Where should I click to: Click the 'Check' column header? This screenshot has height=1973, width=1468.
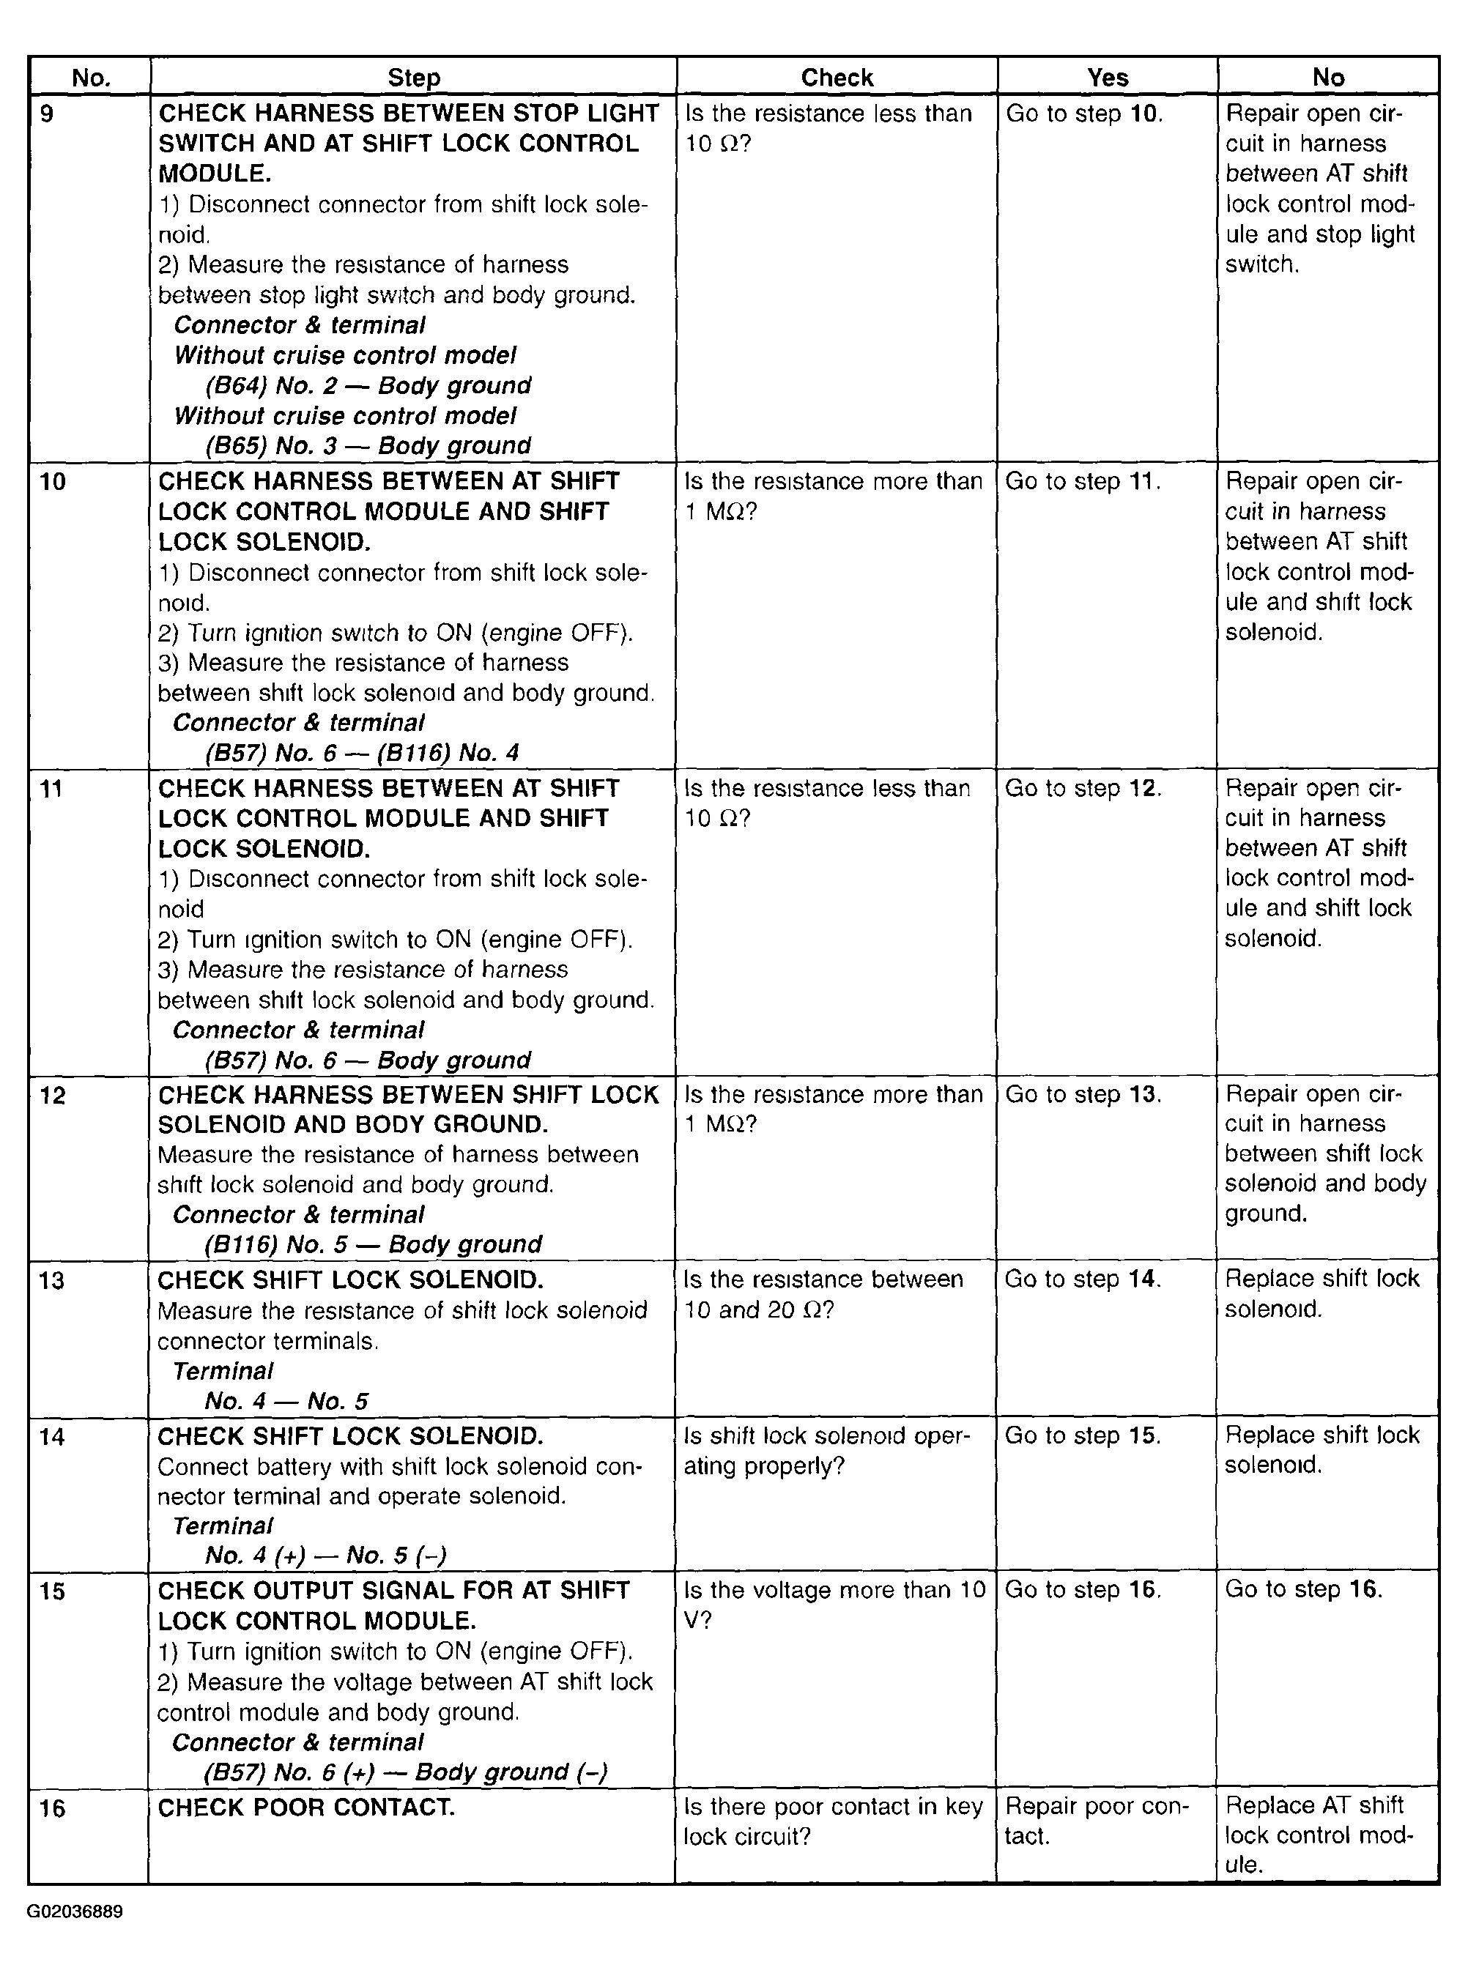click(837, 78)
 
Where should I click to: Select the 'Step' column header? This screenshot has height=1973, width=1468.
click(413, 78)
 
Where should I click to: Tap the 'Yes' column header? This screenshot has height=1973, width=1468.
click(1107, 78)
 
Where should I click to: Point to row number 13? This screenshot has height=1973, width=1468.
click(53, 1280)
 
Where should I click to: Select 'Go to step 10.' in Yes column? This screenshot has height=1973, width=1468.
click(1083, 114)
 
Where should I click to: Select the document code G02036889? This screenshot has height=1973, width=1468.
click(75, 1911)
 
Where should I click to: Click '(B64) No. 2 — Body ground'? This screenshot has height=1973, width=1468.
click(368, 385)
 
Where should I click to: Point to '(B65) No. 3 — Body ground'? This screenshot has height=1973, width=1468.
click(368, 446)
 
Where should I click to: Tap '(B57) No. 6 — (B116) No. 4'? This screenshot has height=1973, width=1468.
click(362, 754)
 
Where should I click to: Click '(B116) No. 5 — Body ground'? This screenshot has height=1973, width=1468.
click(372, 1244)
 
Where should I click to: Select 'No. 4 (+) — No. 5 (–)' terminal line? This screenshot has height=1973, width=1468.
click(325, 1555)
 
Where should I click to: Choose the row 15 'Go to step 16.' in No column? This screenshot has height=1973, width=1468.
click(1302, 1589)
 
